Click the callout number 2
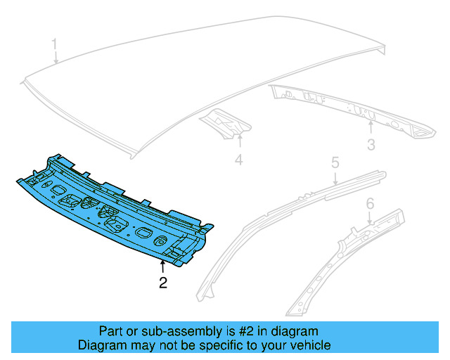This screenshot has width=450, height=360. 163,283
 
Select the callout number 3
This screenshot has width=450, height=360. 371,145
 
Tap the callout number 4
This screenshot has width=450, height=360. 238,161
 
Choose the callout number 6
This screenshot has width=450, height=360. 370,204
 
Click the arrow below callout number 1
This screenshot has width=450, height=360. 56,58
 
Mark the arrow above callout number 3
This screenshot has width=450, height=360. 371,128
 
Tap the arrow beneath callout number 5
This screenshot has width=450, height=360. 336,178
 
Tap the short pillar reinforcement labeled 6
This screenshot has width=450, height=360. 337,260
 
